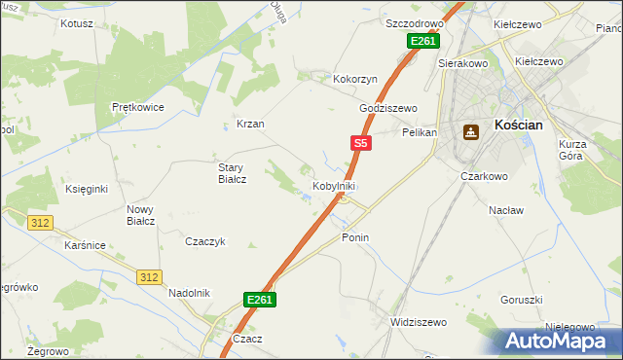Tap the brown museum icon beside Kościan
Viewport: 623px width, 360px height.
[471, 132]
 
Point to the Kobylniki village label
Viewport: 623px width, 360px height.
[333, 186]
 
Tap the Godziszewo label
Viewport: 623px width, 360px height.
[387, 108]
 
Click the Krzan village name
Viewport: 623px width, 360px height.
[250, 124]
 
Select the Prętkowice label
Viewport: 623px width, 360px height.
[136, 107]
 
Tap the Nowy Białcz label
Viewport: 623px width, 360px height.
[141, 214]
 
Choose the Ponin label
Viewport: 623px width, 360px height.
[355, 237]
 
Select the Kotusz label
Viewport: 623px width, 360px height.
[77, 22]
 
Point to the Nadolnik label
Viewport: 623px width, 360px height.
[189, 293]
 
